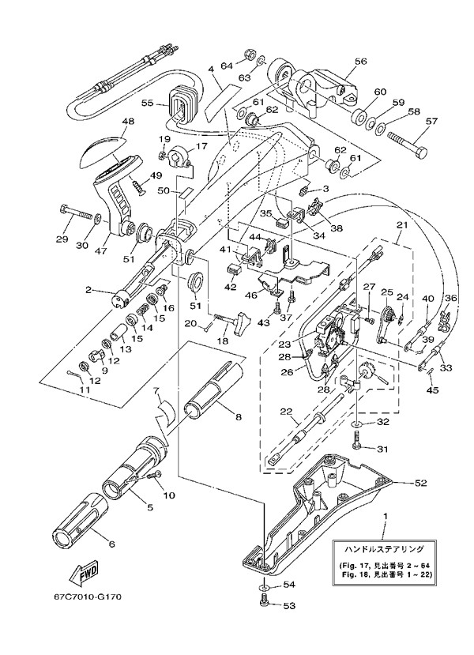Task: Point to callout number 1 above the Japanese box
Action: tap(385, 516)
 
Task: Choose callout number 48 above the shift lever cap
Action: tap(127, 122)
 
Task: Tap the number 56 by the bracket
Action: tap(361, 60)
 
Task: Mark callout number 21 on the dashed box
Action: tap(401, 226)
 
